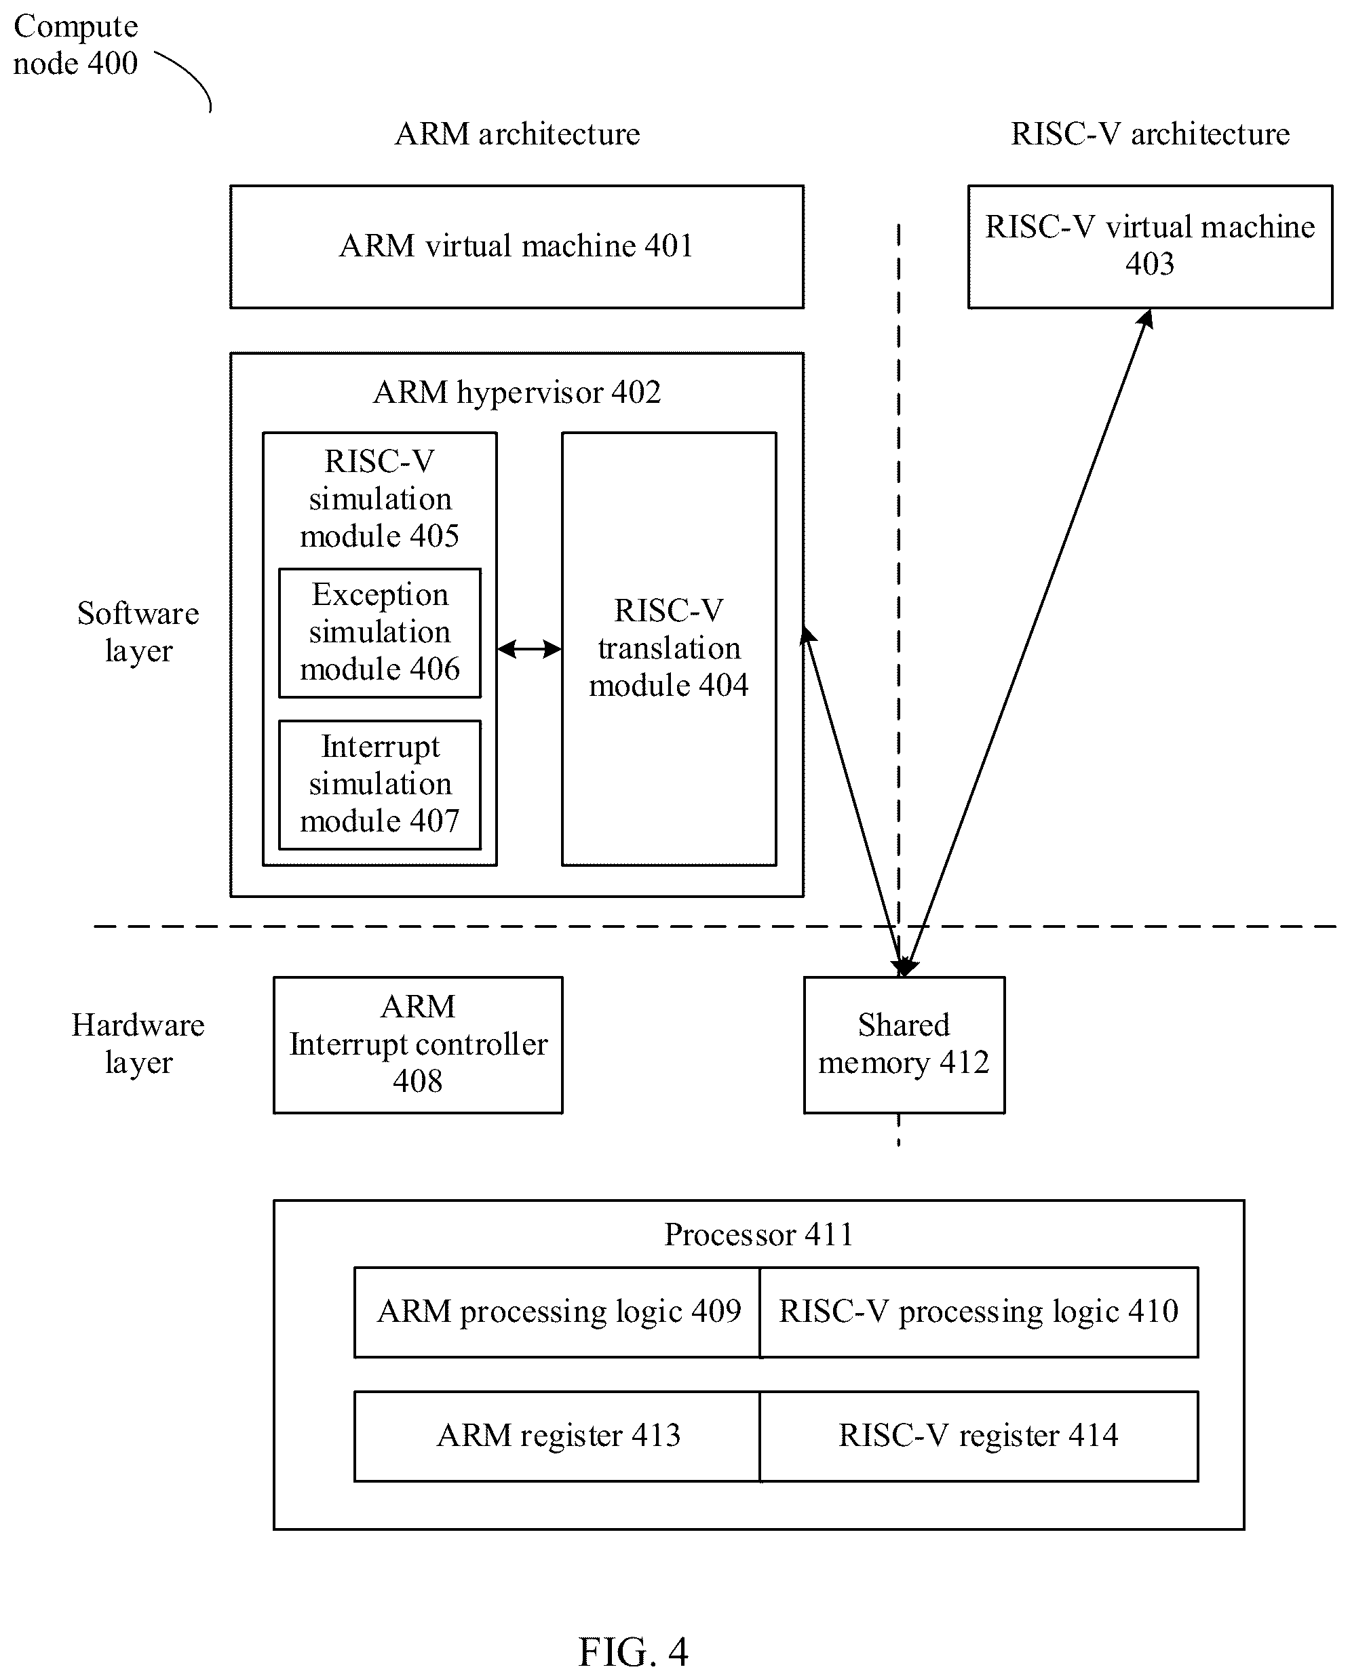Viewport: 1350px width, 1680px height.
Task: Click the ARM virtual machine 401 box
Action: coord(517,246)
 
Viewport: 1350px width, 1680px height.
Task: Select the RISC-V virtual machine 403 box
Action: coord(1150,246)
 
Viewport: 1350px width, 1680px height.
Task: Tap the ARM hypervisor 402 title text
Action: coord(517,392)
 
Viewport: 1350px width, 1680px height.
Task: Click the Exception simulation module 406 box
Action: coord(380,633)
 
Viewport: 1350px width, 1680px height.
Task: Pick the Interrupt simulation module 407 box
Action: coord(380,785)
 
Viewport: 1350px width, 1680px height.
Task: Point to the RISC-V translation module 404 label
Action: coord(669,648)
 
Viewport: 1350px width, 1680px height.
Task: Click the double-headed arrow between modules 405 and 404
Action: coord(529,648)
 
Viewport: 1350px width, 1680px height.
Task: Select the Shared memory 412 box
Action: coord(904,1045)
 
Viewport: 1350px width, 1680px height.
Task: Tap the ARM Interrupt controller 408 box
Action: coord(418,1045)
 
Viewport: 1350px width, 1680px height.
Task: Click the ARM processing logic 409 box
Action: coord(558,1312)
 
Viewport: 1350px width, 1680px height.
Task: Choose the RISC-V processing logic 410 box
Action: coord(979,1312)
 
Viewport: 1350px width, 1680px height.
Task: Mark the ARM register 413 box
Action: coord(558,1436)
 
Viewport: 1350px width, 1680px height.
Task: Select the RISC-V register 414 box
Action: coord(979,1436)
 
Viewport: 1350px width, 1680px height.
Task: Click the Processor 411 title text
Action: coord(758,1234)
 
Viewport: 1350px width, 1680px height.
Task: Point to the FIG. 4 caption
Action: coord(633,1651)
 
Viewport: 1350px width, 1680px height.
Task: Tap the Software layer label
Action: coord(138,632)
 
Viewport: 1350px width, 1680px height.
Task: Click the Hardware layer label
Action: coord(138,1043)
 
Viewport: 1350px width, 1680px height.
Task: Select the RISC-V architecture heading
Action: coord(1150,134)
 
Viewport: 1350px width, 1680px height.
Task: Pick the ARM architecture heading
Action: coord(517,134)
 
